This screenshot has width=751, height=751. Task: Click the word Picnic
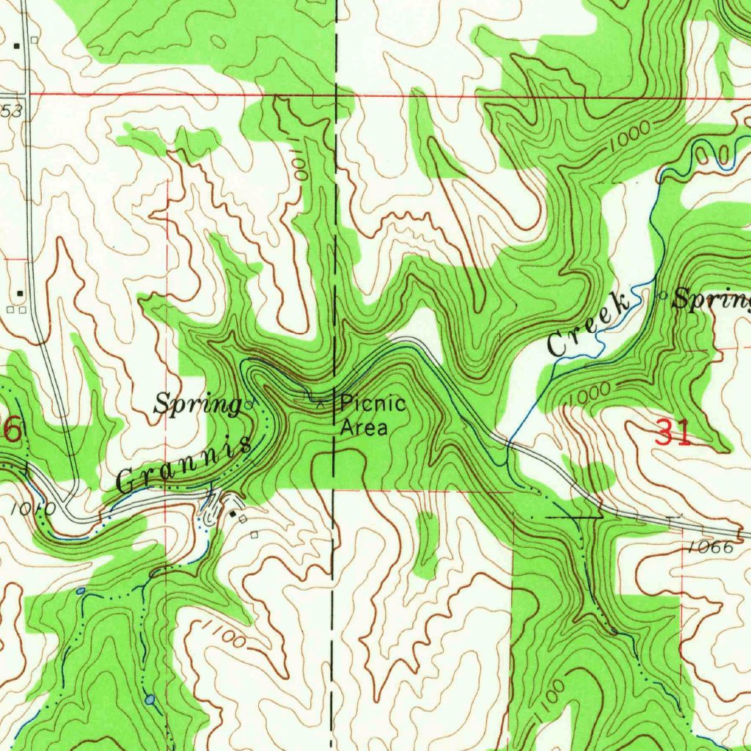(x=373, y=403)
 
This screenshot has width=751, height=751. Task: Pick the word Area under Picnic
(x=364, y=427)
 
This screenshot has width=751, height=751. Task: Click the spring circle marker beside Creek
(x=663, y=296)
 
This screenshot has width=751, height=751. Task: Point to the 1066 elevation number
(x=711, y=547)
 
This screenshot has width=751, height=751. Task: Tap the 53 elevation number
(x=12, y=110)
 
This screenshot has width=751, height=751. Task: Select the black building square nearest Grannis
(x=233, y=516)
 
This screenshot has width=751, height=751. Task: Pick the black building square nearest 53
(x=16, y=45)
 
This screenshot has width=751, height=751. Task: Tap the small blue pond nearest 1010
(x=80, y=590)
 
